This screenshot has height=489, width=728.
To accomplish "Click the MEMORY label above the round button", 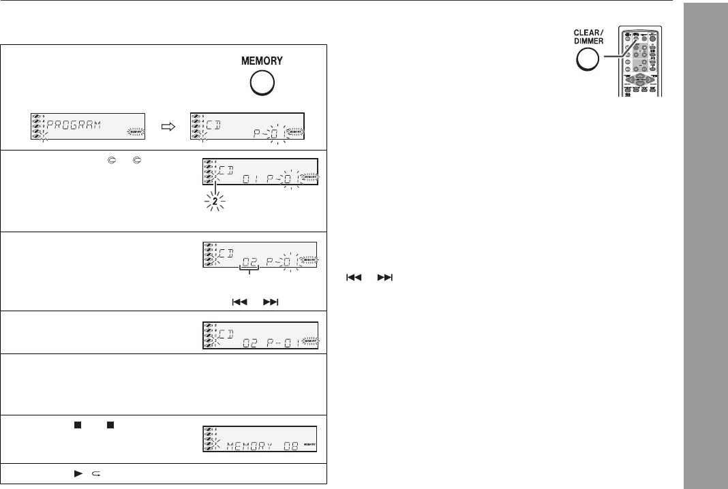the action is click(262, 61).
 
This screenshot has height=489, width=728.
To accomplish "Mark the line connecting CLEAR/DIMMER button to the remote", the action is click(614, 48).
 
